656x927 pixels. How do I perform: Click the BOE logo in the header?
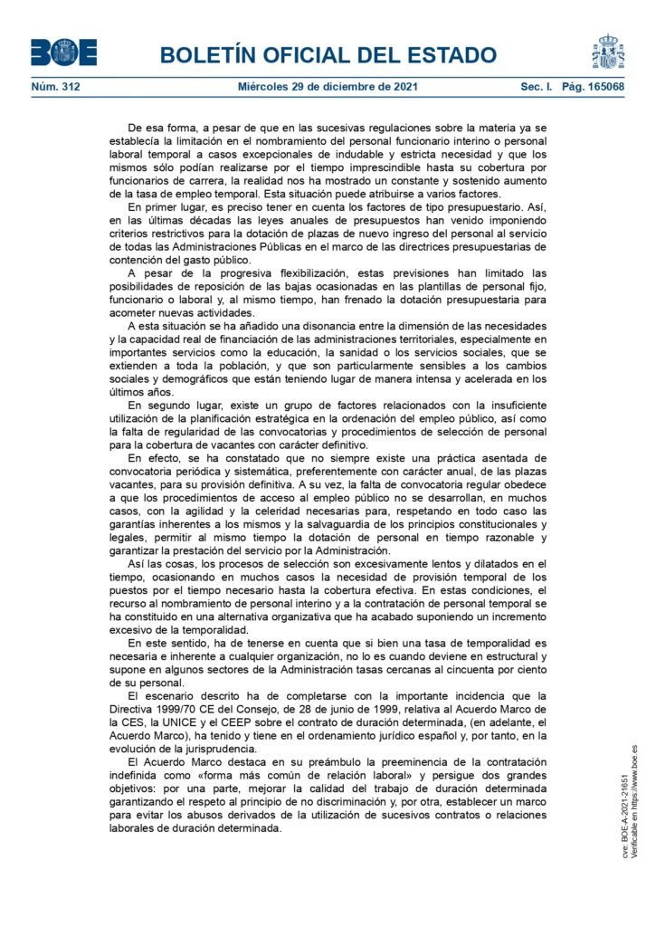click(63, 52)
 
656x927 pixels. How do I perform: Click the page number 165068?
click(601, 89)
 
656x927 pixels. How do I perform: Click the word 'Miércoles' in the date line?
click(267, 89)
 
